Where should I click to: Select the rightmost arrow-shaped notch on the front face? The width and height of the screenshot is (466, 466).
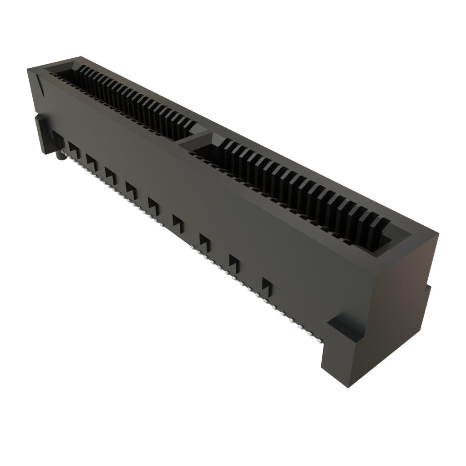[267, 284]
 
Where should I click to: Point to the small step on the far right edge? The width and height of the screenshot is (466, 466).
[427, 289]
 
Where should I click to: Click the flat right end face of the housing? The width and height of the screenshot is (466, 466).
[405, 291]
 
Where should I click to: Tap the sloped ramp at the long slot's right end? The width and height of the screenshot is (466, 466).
[391, 237]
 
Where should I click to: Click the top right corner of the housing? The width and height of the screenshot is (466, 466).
[439, 233]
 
